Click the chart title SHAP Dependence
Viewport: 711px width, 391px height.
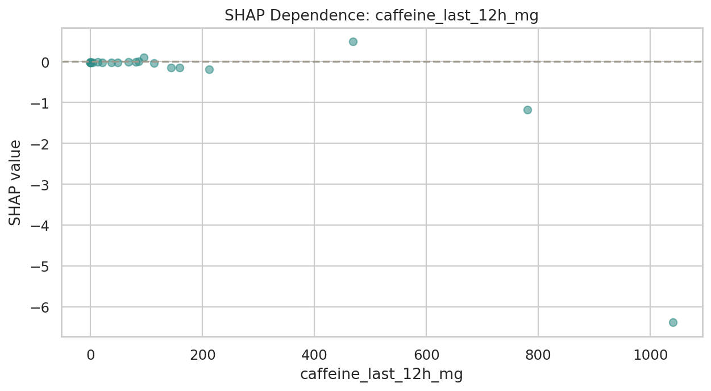[381, 16]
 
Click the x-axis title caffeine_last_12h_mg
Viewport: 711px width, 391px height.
[381, 374]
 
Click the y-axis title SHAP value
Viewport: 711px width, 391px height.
[15, 182]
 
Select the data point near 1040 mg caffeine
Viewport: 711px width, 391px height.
[673, 322]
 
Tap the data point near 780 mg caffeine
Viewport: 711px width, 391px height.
[527, 110]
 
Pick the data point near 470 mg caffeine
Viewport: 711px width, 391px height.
[353, 41]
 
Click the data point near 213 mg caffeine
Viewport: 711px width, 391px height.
[209, 69]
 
